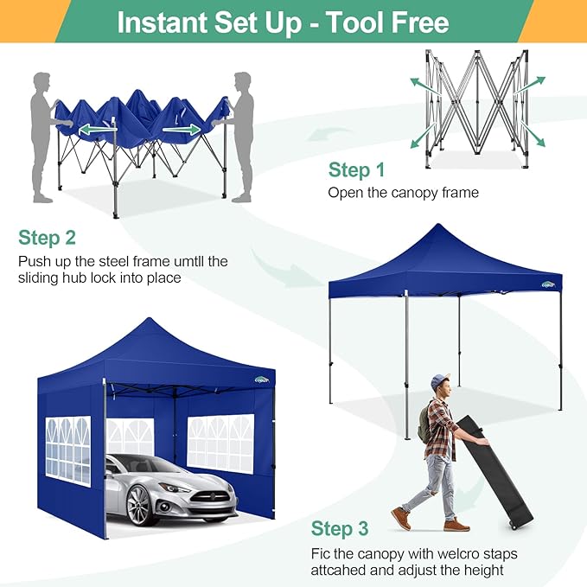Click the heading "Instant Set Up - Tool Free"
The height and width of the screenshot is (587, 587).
(x=283, y=22)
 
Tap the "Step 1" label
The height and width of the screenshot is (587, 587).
(x=355, y=170)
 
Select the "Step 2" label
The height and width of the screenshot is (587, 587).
(x=47, y=238)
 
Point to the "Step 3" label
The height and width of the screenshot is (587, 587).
(x=339, y=528)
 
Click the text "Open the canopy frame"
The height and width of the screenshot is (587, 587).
(x=403, y=193)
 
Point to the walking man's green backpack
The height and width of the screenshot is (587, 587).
(x=424, y=423)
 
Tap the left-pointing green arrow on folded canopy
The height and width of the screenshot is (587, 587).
(x=95, y=130)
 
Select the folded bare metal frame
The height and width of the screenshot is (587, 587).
(x=476, y=108)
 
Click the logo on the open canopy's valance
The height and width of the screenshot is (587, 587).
(x=548, y=284)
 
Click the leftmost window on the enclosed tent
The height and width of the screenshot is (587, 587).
(x=67, y=450)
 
